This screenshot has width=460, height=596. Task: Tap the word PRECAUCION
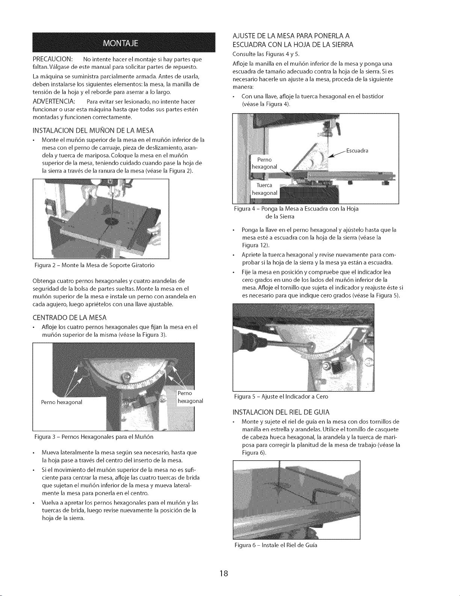[x=52, y=59]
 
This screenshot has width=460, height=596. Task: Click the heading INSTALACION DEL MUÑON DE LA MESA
[x=93, y=130]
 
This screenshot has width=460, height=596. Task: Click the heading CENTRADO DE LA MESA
[x=69, y=318]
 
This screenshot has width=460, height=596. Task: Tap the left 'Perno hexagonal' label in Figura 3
[x=62, y=402]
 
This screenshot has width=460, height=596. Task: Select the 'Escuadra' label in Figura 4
[x=357, y=151]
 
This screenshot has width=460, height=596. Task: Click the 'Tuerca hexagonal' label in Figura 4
[x=264, y=189]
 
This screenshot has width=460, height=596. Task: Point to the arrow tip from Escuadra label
[x=329, y=158]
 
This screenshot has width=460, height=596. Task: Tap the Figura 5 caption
[x=281, y=397]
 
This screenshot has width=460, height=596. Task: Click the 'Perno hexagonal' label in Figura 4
[x=264, y=163]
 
